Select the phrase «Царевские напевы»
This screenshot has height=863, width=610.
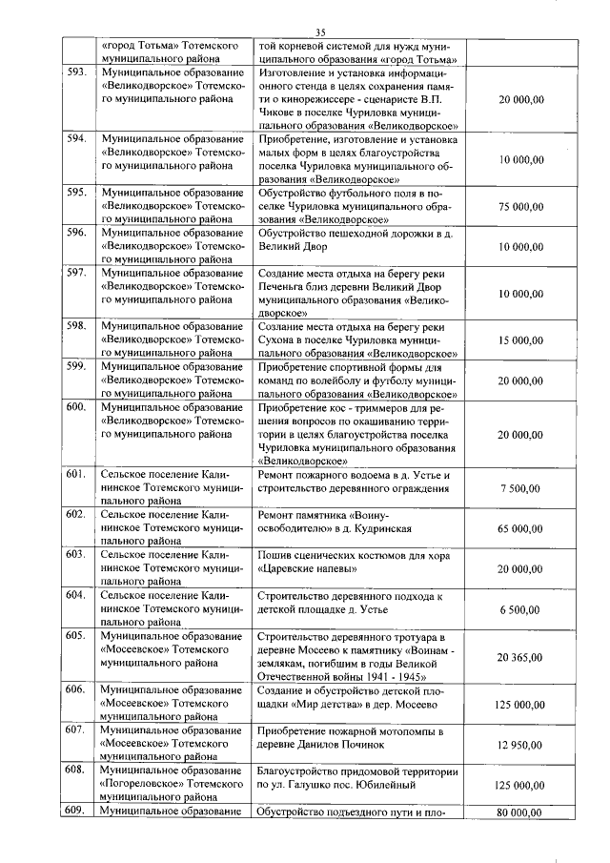pos(308,569)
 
